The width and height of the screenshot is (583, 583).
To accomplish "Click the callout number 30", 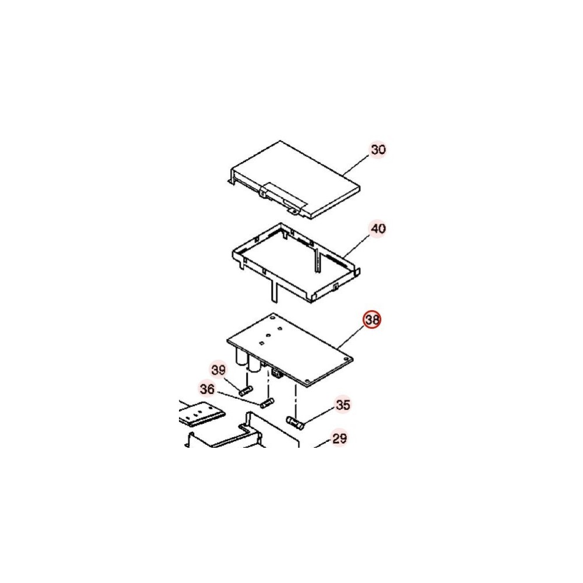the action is click(x=378, y=149).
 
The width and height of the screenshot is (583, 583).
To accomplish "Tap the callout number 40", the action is click(x=378, y=229).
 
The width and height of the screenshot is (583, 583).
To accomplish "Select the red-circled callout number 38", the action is click(x=372, y=319).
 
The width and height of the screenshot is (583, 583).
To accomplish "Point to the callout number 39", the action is click(x=219, y=370).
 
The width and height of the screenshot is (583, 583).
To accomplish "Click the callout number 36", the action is click(x=207, y=389).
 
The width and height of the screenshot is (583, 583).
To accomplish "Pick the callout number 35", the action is click(x=343, y=405).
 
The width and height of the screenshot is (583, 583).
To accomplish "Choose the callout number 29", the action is click(x=339, y=439).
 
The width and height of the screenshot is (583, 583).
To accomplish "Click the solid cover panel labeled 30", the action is click(x=294, y=179).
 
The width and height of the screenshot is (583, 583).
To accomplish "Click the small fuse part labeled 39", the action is click(x=246, y=391).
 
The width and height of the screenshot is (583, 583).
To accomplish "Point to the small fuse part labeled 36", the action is click(x=268, y=403).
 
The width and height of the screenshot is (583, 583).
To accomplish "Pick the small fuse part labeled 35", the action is click(x=295, y=423).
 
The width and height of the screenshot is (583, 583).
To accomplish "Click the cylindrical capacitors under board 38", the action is click(x=248, y=360).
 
